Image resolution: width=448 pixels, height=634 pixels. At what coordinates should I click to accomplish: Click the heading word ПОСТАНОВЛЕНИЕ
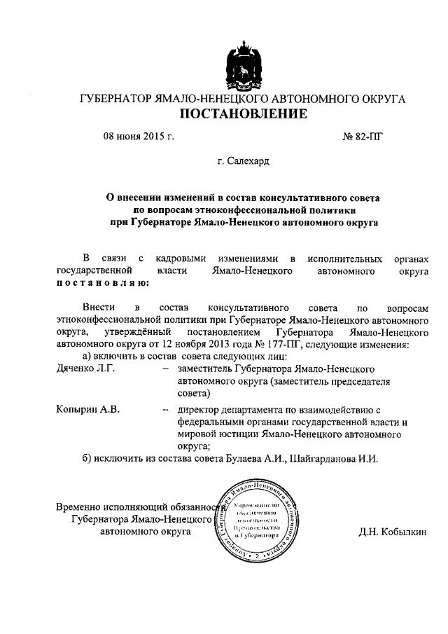[x=244, y=114]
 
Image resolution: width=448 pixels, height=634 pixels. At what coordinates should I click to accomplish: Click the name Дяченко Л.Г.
[x=85, y=368]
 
